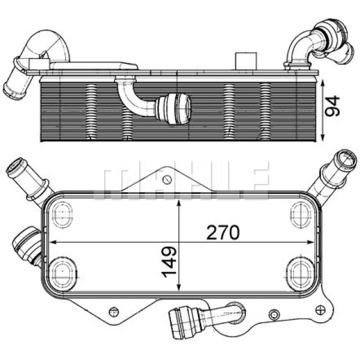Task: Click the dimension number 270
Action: pyautogui.click(x=224, y=231)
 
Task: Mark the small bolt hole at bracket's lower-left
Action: pyautogui.click(x=114, y=310)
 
